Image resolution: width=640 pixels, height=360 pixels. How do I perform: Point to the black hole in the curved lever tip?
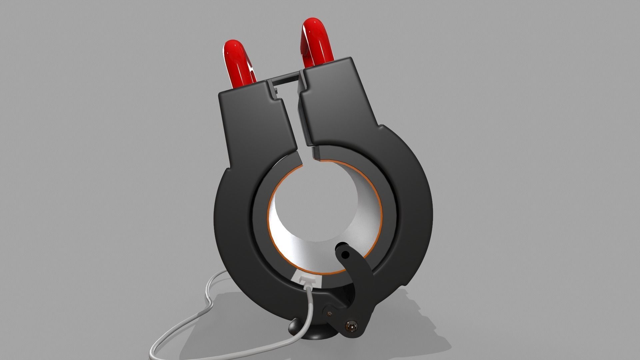coord(345,255)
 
